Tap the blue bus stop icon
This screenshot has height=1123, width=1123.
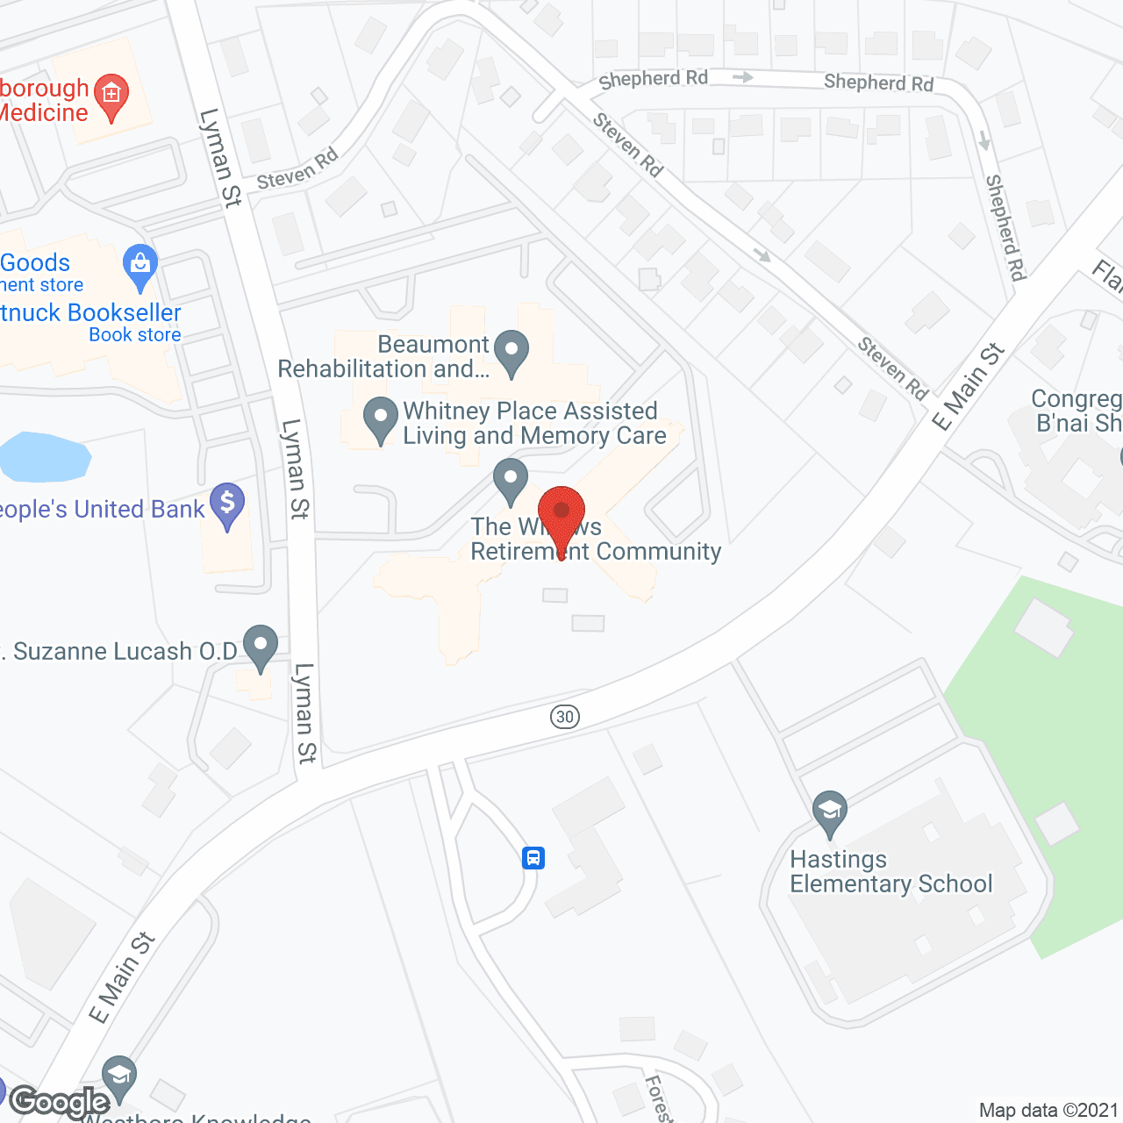[x=533, y=857]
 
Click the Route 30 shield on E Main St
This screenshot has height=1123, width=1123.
[x=565, y=717]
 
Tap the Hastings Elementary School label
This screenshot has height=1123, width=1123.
[x=891, y=871]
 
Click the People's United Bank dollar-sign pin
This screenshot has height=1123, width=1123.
[x=227, y=505]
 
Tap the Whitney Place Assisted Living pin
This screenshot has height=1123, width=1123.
[x=380, y=418]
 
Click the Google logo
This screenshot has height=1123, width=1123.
[x=60, y=1101]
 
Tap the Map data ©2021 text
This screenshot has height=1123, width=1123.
[x=1048, y=1111]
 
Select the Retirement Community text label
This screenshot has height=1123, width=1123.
[x=596, y=552]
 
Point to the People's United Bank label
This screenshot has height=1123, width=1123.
[x=102, y=510]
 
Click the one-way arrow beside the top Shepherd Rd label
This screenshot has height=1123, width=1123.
[x=742, y=77]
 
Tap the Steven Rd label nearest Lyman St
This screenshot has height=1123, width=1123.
[x=297, y=170]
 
